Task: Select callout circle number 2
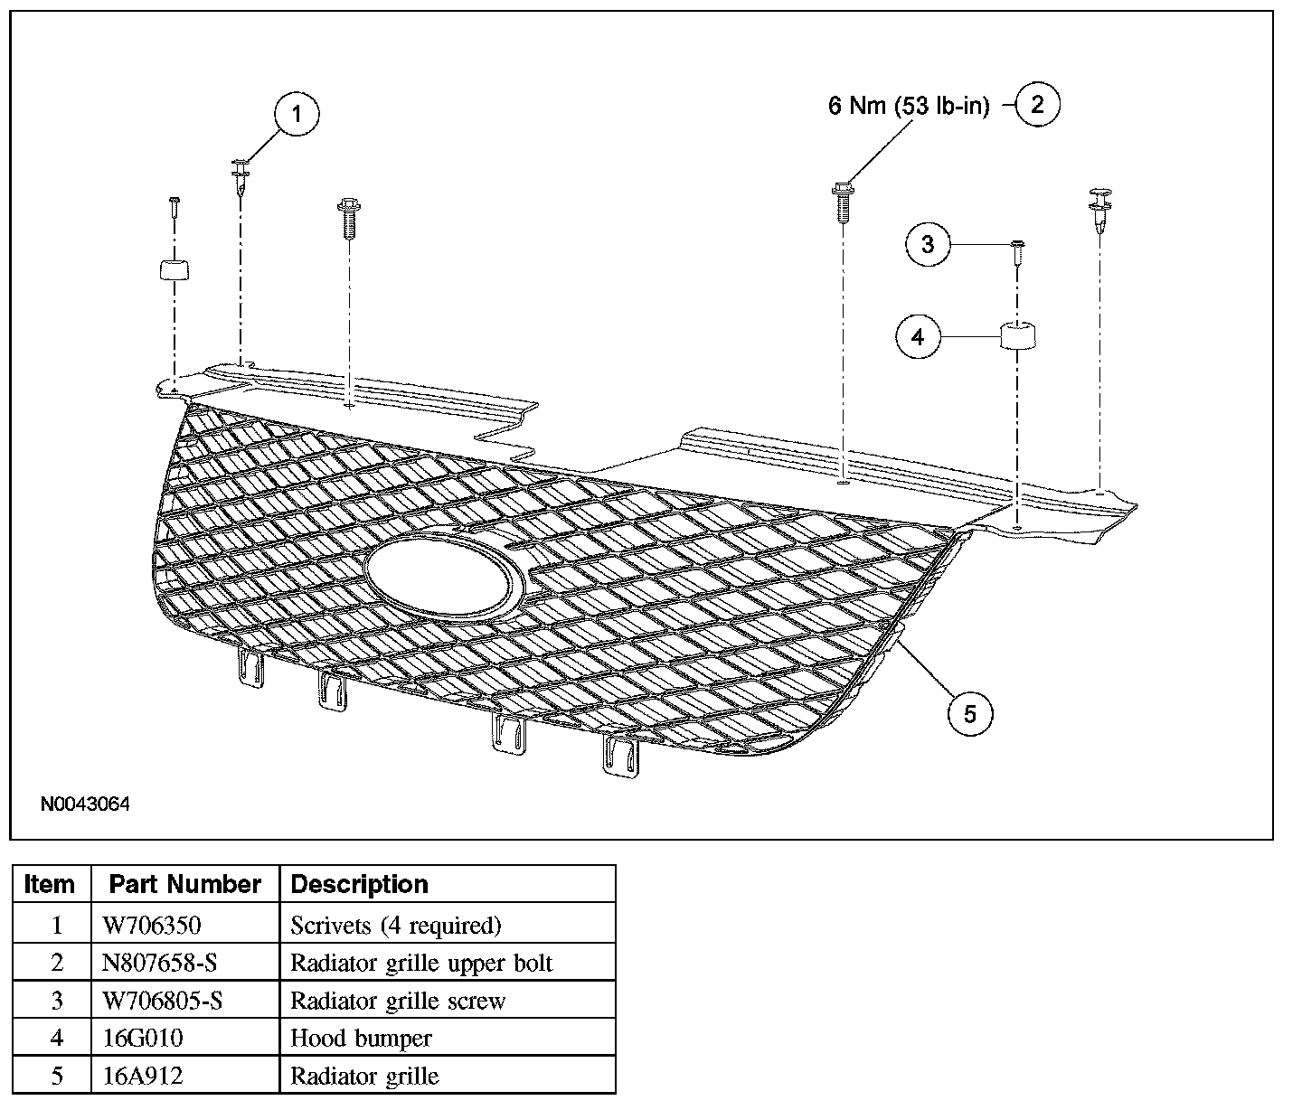pyautogui.click(x=1037, y=105)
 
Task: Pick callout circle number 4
pyautogui.click(x=919, y=337)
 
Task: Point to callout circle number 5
pyautogui.click(x=969, y=714)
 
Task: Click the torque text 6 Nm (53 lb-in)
pyautogui.click(x=909, y=106)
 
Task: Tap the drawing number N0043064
pyautogui.click(x=84, y=804)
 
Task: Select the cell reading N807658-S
pyautogui.click(x=159, y=963)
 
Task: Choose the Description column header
pyautogui.click(x=359, y=884)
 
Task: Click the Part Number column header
pyautogui.click(x=185, y=884)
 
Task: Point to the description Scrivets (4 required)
pyautogui.click(x=395, y=925)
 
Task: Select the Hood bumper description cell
pyautogui.click(x=361, y=1039)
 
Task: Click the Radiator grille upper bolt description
pyautogui.click(x=420, y=963)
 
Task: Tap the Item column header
pyautogui.click(x=50, y=884)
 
